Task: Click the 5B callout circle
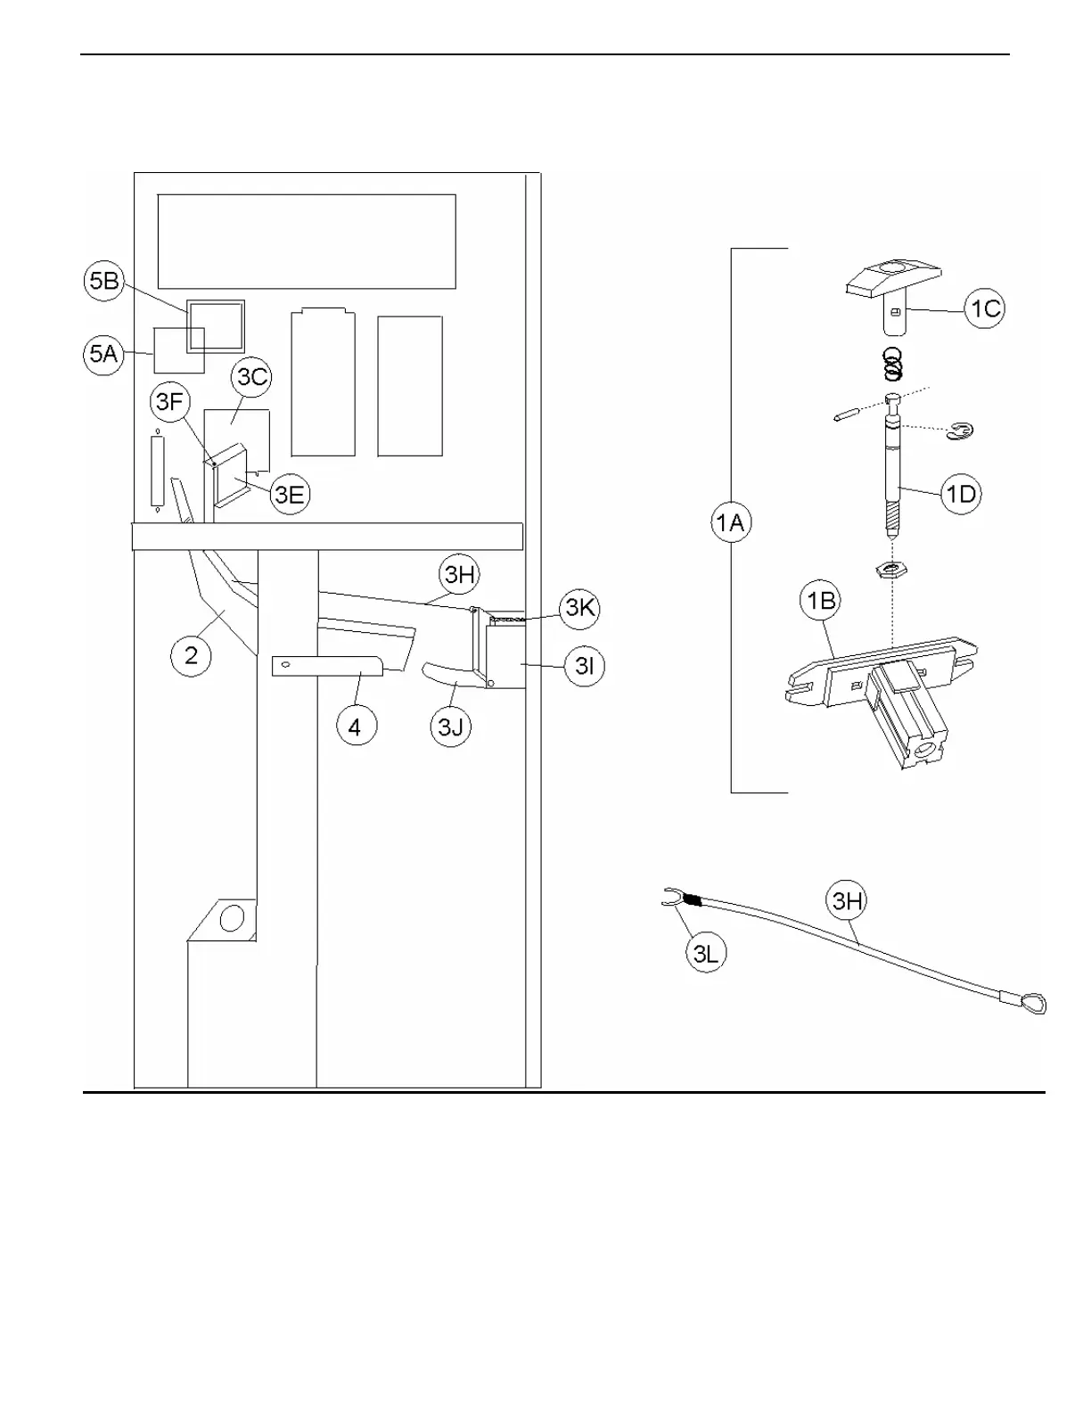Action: pyautogui.click(x=104, y=281)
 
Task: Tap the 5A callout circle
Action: pyautogui.click(x=103, y=354)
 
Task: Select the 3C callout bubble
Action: pyautogui.click(x=252, y=377)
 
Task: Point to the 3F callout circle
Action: pyautogui.click(x=169, y=402)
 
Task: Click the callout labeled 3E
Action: pyautogui.click(x=289, y=494)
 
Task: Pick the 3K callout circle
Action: pyautogui.click(x=580, y=608)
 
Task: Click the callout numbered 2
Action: pyautogui.click(x=191, y=656)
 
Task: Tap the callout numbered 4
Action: pyautogui.click(x=355, y=727)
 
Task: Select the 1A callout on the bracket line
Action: pyautogui.click(x=731, y=522)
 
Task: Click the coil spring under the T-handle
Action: pyautogui.click(x=892, y=364)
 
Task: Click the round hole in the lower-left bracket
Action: pyautogui.click(x=232, y=917)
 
